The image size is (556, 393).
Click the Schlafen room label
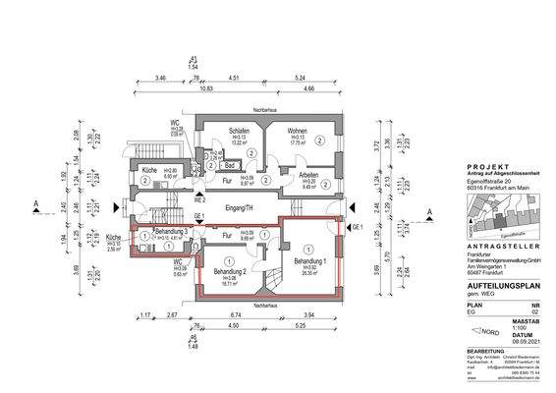pyautogui.click(x=238, y=130)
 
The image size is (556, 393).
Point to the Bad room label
pyautogui.click(x=225, y=167)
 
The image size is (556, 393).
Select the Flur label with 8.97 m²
pyautogui.click(x=226, y=181)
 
